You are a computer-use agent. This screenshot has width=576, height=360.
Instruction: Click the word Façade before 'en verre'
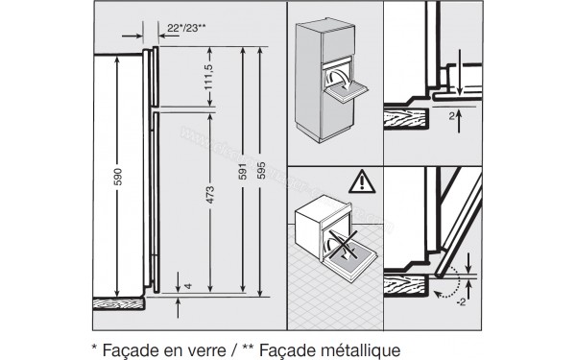[127, 339]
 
